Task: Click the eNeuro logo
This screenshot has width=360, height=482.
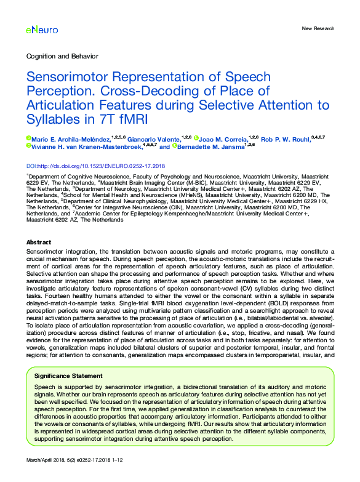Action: [x=39, y=29]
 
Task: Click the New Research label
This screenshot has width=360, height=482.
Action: [x=318, y=28]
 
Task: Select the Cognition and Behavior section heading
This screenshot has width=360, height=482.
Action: [x=62, y=57]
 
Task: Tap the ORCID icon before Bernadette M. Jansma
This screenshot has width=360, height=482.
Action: [x=175, y=147]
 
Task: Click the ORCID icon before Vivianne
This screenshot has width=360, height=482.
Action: [x=29, y=147]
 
